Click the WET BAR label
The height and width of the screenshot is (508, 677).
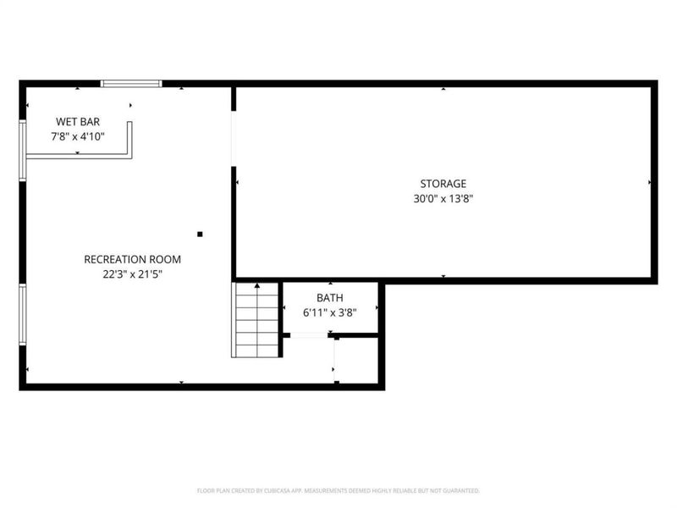[78, 122]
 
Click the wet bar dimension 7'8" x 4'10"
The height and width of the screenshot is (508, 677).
[78, 135]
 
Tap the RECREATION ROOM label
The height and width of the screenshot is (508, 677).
[132, 259]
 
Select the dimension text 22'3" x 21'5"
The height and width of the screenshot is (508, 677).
[132, 273]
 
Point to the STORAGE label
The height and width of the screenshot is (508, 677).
[443, 184]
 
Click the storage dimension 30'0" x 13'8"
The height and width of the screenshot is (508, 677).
[443, 199]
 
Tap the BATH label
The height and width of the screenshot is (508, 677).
[329, 298]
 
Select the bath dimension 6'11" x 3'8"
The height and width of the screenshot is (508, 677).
[329, 312]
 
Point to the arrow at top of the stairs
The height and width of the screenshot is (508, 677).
[257, 289]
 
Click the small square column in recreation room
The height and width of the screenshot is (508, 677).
[200, 234]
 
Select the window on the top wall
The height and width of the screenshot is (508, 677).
[131, 83]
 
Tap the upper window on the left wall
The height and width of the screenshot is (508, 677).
[23, 149]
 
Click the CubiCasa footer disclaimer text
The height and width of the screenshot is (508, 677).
[338, 490]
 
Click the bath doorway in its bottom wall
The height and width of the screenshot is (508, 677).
[310, 336]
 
